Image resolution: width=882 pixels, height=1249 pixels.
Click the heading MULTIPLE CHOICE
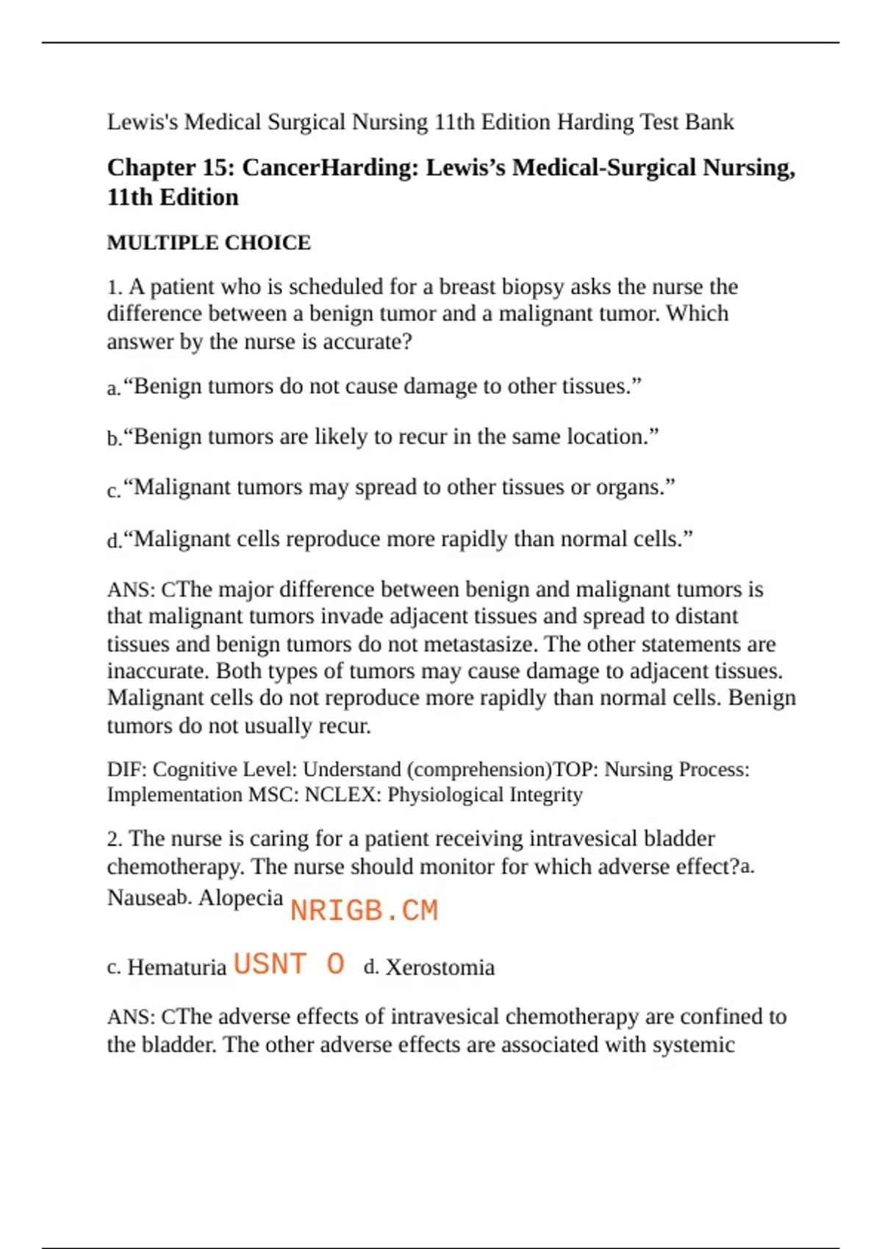[209, 242]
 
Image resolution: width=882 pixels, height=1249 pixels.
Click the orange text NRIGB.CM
[364, 911]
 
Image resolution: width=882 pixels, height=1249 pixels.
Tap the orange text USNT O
[289, 964]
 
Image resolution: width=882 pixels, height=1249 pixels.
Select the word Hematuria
[177, 968]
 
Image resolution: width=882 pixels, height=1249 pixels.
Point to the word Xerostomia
[440, 968]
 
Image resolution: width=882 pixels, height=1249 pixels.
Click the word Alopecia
[240, 898]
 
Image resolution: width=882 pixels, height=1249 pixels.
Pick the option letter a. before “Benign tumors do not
[113, 388]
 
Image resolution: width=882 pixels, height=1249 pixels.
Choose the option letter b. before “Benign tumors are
[114, 439]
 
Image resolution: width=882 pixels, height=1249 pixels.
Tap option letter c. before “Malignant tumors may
[113, 490]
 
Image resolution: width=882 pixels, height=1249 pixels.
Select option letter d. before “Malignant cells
[114, 541]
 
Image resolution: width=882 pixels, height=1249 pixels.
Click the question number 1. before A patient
[115, 287]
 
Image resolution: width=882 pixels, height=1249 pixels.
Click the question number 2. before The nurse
[115, 839]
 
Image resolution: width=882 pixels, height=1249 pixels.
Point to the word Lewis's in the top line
[143, 122]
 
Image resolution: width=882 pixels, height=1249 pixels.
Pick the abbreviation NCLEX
[342, 795]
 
